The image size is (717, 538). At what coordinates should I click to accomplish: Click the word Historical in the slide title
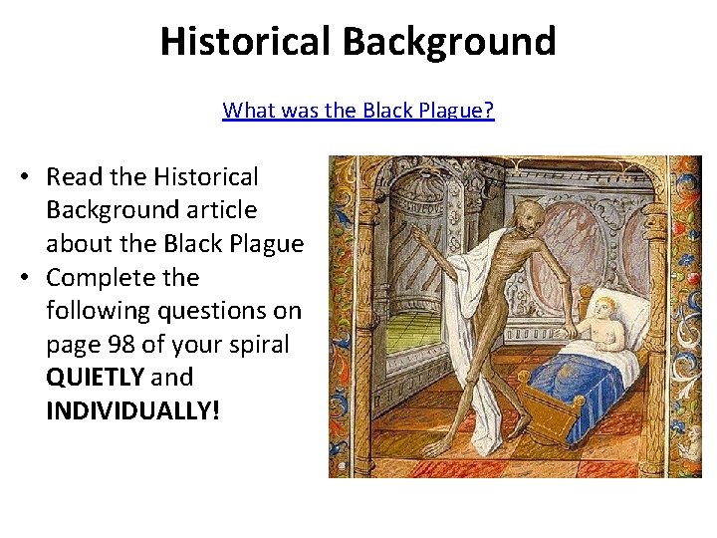click(x=245, y=42)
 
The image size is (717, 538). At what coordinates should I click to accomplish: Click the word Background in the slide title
click(x=449, y=42)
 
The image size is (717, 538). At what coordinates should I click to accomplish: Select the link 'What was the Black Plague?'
click(x=358, y=110)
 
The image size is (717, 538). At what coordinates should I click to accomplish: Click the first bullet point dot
click(x=22, y=177)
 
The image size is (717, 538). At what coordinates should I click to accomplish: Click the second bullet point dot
click(x=22, y=278)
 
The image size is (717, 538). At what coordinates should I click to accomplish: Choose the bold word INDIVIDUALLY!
click(x=132, y=410)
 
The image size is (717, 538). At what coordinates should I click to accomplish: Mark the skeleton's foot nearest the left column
click(x=436, y=450)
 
